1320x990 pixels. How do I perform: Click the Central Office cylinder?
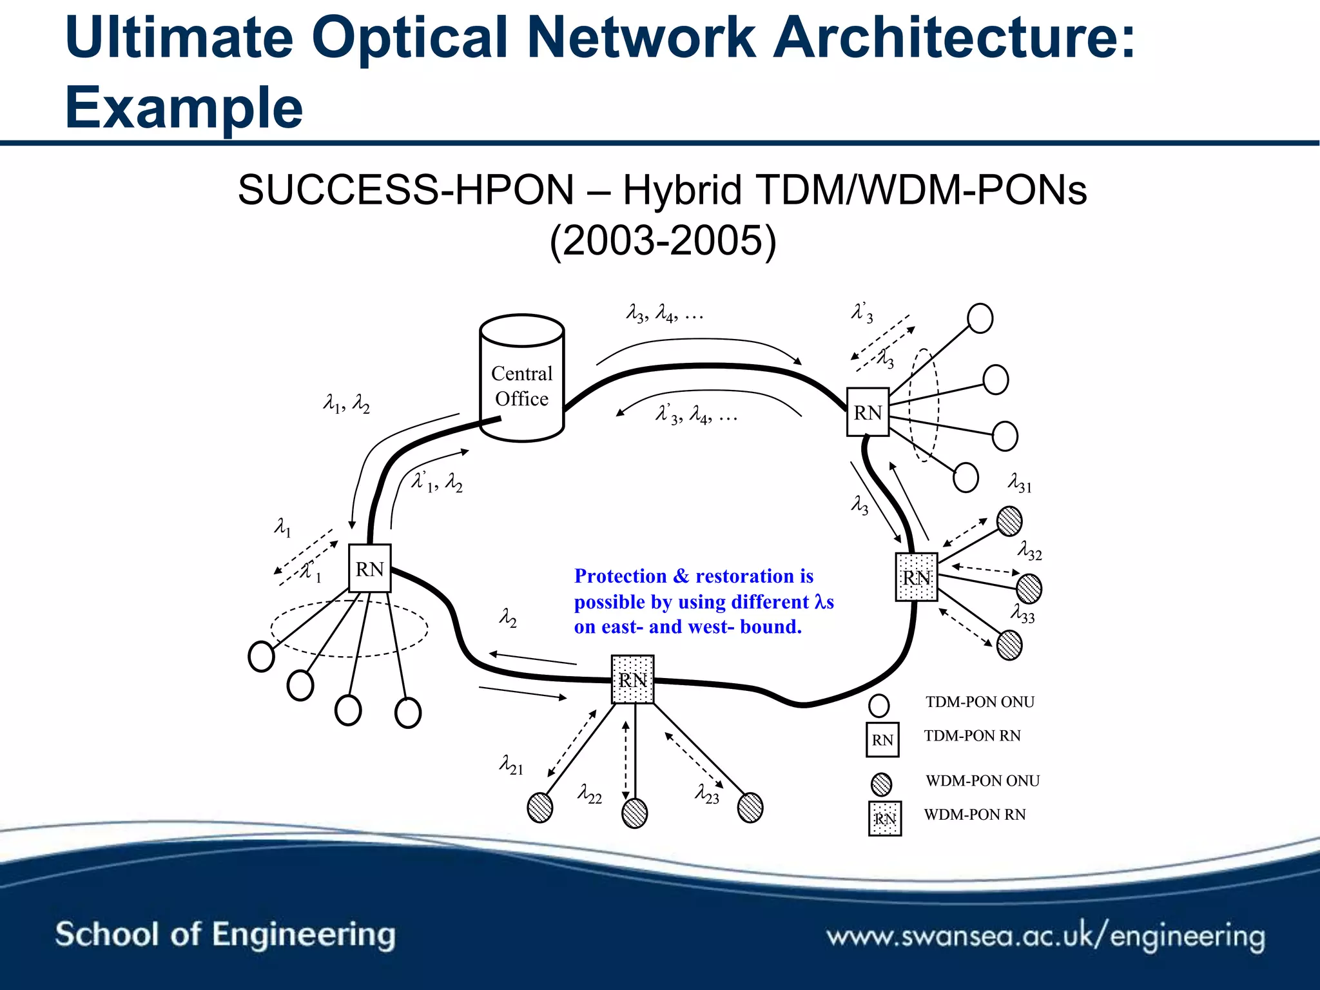(x=522, y=380)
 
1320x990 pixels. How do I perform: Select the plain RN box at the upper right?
(x=868, y=412)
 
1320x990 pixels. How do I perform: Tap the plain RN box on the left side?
(x=369, y=568)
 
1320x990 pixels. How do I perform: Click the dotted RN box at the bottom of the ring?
(x=632, y=680)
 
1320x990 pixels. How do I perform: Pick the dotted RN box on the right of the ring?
(x=916, y=577)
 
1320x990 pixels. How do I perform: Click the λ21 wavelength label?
(x=512, y=765)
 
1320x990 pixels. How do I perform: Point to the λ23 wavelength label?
(x=707, y=794)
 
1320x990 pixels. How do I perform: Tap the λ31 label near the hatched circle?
(x=1020, y=483)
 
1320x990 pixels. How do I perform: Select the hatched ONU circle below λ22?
(x=634, y=813)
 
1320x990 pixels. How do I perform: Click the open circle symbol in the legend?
(x=879, y=705)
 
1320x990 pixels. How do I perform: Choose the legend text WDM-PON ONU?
(x=982, y=781)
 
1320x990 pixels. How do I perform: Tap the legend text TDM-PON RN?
(x=972, y=736)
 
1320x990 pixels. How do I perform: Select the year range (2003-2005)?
(x=663, y=241)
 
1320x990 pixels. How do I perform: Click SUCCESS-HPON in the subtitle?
(x=405, y=191)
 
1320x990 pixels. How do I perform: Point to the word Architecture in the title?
(x=954, y=37)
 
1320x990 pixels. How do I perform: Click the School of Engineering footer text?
(x=225, y=935)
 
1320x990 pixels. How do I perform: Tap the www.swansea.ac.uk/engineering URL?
(x=1045, y=937)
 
